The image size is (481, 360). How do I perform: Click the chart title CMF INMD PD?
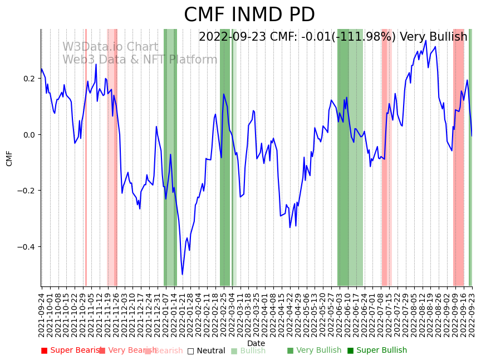click(249, 15)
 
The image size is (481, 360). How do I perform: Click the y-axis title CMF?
click(9, 158)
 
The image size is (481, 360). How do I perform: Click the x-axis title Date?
click(256, 343)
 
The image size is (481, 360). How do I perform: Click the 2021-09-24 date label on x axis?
click(42, 315)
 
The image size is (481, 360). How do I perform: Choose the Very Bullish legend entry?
click(314, 351)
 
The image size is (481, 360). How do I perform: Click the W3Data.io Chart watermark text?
click(110, 47)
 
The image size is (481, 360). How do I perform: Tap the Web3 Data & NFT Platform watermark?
click(140, 60)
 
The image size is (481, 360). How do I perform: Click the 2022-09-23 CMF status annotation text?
click(333, 37)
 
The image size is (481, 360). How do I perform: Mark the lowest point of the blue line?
click(182, 274)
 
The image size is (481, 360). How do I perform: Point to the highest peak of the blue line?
click(426, 40)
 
